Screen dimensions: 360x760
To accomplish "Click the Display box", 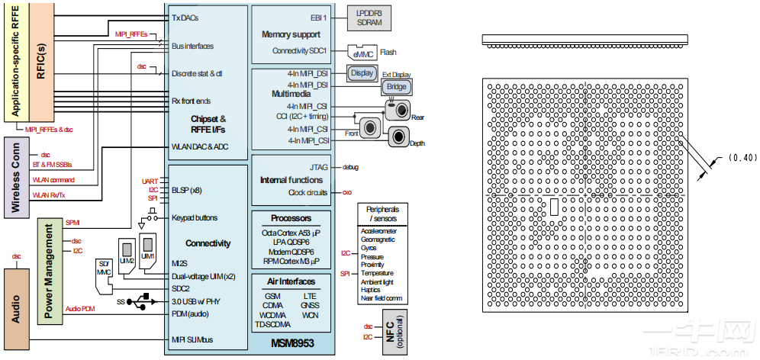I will (x=363, y=73).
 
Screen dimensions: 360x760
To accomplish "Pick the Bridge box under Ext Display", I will (x=397, y=88).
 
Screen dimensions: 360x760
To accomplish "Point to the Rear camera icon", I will (x=398, y=110).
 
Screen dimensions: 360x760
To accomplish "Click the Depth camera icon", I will (x=401, y=137).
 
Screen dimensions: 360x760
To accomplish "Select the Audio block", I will (x=16, y=304).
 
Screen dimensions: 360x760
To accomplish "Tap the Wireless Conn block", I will (x=16, y=176).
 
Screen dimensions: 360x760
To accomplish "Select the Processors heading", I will (x=291, y=218).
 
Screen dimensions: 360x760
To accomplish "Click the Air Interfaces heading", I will (x=291, y=281).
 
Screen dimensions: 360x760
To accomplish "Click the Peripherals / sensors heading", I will (x=388, y=214).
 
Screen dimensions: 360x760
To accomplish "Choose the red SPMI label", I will (x=72, y=223).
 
